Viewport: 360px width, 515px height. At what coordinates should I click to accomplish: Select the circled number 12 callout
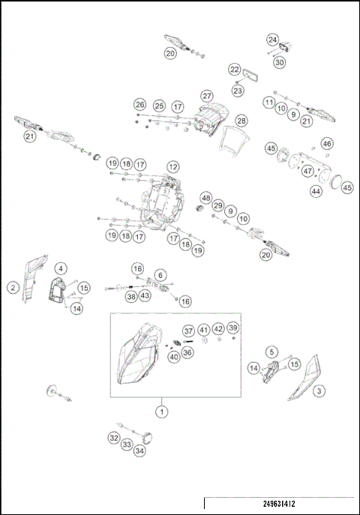[x=173, y=166]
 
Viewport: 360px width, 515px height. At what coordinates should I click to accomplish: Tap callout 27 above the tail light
[x=208, y=95]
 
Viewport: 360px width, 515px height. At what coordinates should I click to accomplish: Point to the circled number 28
[x=241, y=121]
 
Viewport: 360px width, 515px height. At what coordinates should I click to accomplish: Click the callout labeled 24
[x=273, y=39]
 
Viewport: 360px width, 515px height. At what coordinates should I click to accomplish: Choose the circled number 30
[x=280, y=63]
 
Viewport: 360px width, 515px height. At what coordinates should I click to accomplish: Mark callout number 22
[x=235, y=69]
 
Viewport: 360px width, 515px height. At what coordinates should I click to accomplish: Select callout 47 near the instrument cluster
[x=307, y=171]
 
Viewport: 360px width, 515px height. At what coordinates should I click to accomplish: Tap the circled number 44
[x=316, y=192]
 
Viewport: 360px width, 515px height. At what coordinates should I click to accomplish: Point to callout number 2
[x=13, y=286]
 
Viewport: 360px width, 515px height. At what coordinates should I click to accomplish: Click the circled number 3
[x=319, y=391]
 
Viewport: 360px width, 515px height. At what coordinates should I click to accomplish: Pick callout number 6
[x=160, y=275]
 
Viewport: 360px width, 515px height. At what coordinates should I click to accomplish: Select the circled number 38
[x=131, y=297]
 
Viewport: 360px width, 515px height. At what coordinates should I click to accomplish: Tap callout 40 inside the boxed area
[x=174, y=357]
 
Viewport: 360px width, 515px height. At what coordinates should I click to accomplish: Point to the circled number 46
[x=327, y=143]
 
